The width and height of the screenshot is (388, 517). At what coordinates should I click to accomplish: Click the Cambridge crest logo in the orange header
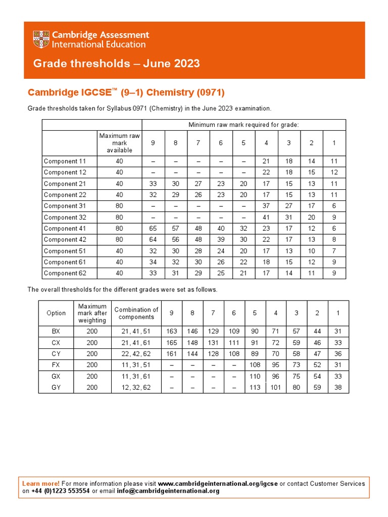[41, 39]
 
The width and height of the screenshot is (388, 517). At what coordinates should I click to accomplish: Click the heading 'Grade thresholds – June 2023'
[116, 64]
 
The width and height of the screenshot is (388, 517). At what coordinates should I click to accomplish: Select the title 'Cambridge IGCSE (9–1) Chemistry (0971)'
[126, 92]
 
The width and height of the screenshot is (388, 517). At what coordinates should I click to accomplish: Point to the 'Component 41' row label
[65, 228]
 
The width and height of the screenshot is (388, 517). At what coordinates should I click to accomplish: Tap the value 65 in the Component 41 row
[153, 228]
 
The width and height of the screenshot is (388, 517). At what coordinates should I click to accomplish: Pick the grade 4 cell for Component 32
[266, 217]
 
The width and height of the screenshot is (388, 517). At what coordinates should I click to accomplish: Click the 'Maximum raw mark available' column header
[120, 143]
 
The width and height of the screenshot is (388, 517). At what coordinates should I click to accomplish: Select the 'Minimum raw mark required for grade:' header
[244, 125]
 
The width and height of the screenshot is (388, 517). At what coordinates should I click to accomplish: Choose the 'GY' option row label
[56, 387]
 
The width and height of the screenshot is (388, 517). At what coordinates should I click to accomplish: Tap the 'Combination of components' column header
[136, 313]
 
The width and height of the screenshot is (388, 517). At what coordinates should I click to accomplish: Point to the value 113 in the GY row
[255, 387]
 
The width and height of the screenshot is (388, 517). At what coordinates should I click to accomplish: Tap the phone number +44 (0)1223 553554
[61, 491]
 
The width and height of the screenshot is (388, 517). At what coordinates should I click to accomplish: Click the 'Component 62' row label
[65, 273]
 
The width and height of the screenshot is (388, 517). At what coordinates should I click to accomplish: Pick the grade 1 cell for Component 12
[334, 172]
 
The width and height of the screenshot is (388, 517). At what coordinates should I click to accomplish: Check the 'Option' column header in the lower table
[56, 313]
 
